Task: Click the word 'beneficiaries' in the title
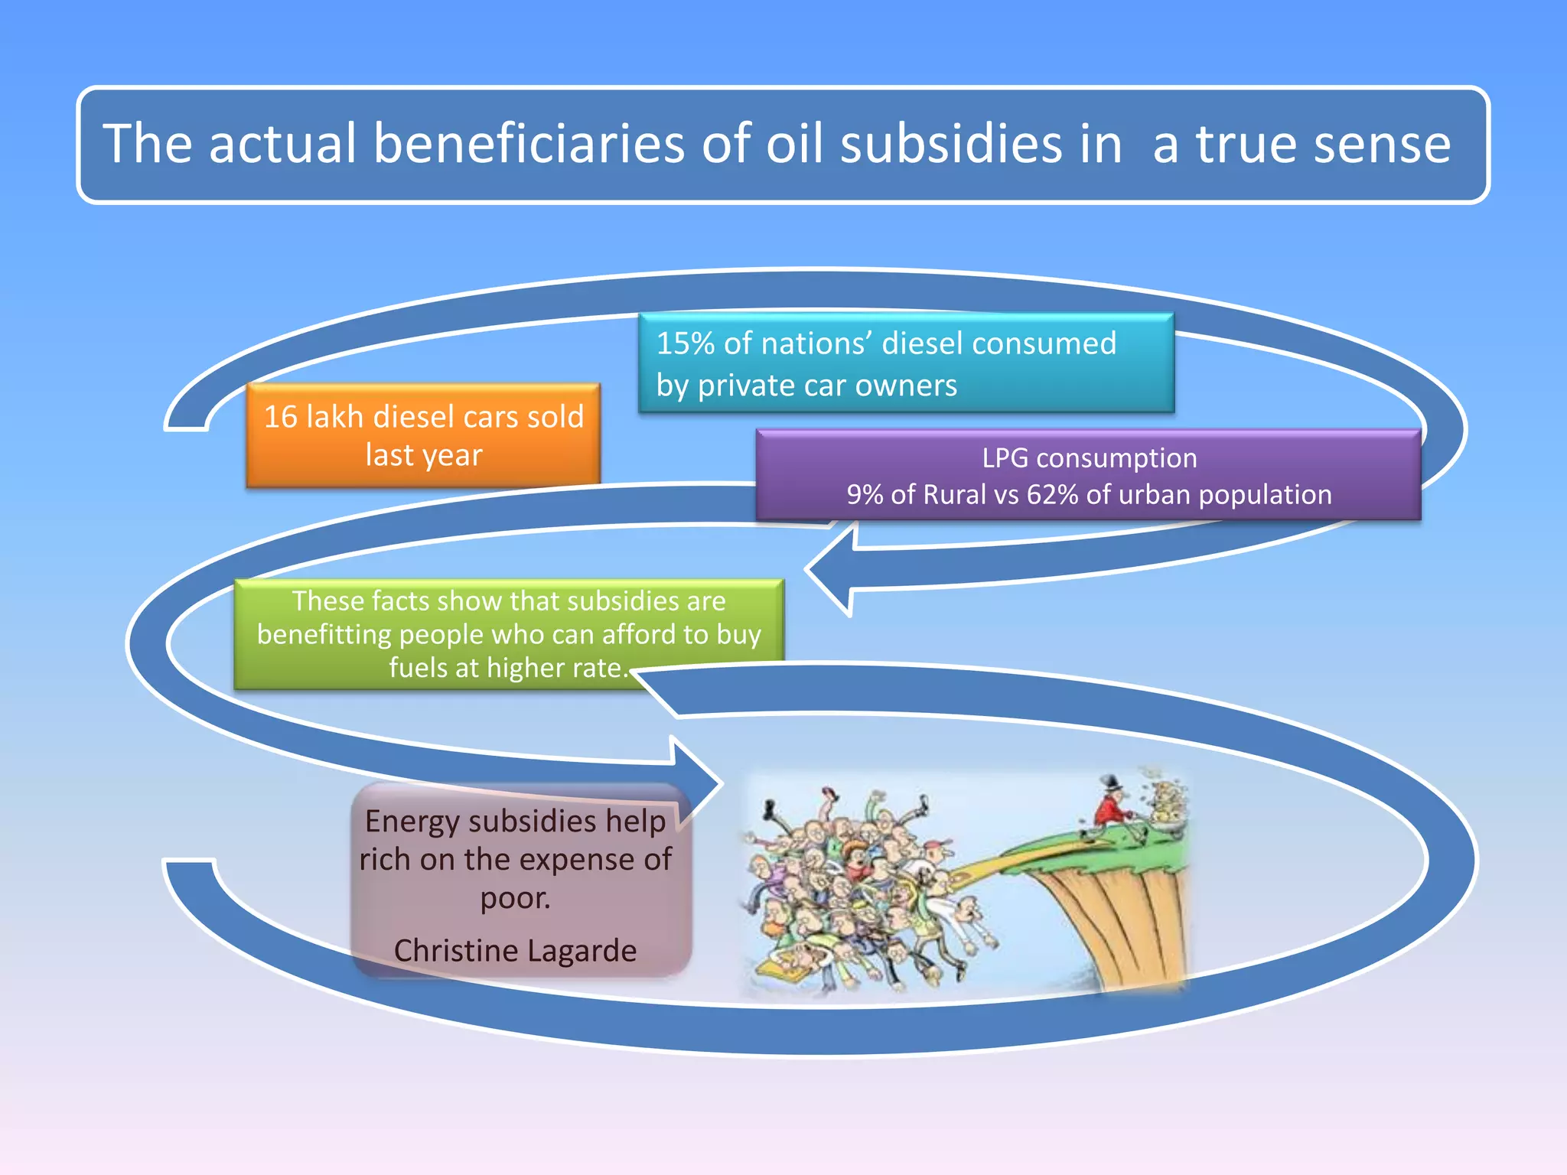coord(529,144)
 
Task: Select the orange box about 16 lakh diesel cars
coord(423,435)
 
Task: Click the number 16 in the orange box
coord(280,417)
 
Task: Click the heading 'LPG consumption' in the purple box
coord(1090,458)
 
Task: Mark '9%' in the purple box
coord(865,495)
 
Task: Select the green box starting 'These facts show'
coord(509,634)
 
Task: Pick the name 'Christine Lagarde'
coord(515,950)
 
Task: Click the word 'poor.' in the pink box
coord(515,897)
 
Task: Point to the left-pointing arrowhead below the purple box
coord(830,570)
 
